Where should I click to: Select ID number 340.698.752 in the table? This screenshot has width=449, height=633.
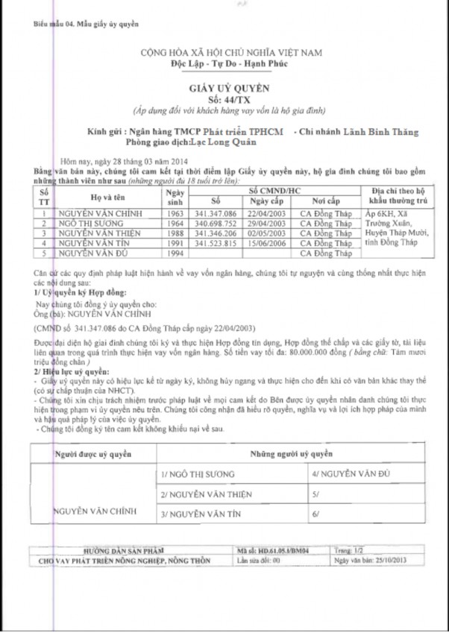(216, 223)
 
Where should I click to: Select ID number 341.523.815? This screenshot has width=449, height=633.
(216, 242)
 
